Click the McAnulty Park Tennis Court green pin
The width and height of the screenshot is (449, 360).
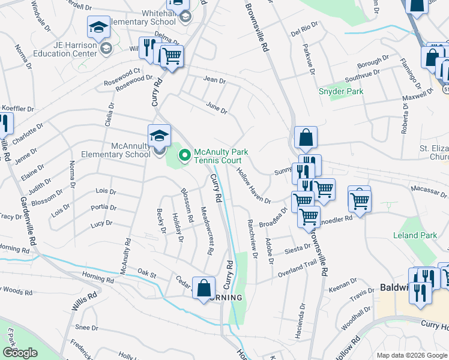[x=185, y=156]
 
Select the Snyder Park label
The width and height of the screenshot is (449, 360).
[x=341, y=91]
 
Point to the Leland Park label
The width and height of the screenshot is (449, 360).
[x=415, y=235]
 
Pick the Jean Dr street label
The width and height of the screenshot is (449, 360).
[x=214, y=79]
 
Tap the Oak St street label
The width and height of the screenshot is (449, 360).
[x=146, y=274]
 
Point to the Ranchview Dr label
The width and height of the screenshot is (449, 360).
[x=251, y=238]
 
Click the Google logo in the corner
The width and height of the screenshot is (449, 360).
[x=20, y=352]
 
